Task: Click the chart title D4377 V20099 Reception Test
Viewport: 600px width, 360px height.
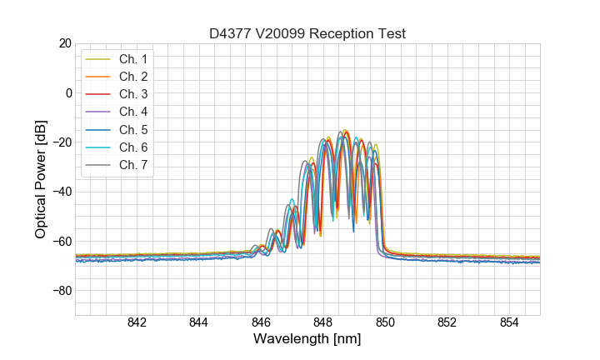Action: click(307, 33)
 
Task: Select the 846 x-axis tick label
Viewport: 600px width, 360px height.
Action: click(261, 323)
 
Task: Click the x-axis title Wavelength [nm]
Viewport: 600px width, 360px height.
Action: click(307, 340)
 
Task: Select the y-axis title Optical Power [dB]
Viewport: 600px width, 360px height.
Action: click(40, 179)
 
